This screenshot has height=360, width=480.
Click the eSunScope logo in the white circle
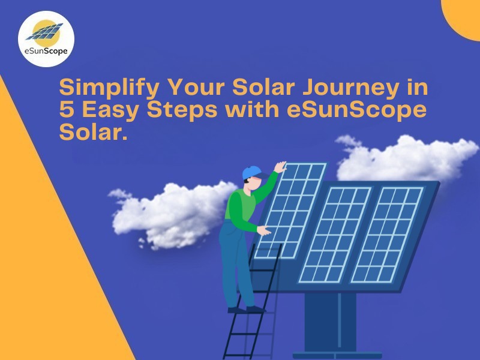pos(46,38)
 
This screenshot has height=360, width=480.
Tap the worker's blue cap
pos(251,172)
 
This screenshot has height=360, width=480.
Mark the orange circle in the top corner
pos(463,15)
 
